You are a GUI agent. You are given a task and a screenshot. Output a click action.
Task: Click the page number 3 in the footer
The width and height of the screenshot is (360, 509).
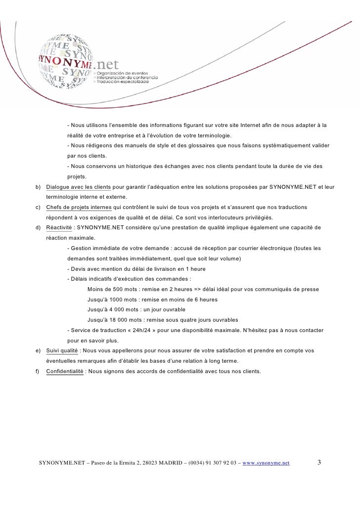[x=319, y=463]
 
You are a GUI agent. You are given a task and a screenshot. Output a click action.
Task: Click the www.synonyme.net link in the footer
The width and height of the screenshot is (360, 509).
[x=267, y=463]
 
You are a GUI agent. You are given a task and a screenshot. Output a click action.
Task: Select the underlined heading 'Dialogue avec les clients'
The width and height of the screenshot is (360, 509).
[x=79, y=187]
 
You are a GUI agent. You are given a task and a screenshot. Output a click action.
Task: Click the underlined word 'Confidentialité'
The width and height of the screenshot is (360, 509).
[x=65, y=371]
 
